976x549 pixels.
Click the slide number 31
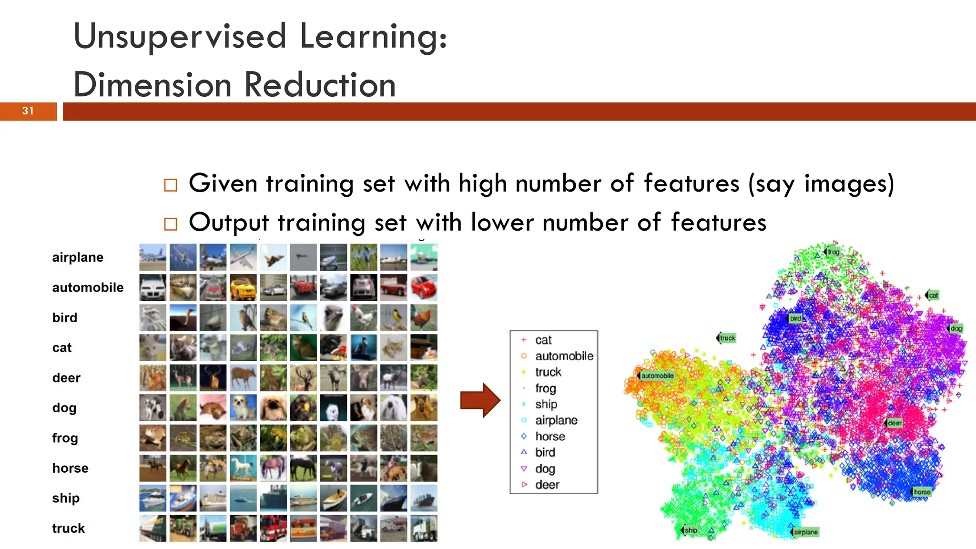tap(28, 111)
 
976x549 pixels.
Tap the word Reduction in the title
tap(320, 85)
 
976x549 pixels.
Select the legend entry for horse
tap(550, 437)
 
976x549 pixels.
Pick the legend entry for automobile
tap(564, 356)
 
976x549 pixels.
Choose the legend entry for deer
tap(547, 485)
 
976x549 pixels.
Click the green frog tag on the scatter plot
tap(833, 252)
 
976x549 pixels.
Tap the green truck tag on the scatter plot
tap(727, 338)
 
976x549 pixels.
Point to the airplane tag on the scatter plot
tap(805, 532)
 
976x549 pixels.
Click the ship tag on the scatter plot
tap(690, 530)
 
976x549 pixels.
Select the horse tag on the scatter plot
tap(922, 492)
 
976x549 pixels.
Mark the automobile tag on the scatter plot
tap(657, 376)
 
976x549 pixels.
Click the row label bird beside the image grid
tap(65, 318)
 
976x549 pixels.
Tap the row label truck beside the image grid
tap(69, 529)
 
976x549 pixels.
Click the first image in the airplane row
tap(152, 257)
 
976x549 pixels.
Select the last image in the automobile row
tap(424, 287)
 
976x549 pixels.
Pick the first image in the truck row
tap(152, 528)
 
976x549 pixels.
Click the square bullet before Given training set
tap(170, 185)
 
